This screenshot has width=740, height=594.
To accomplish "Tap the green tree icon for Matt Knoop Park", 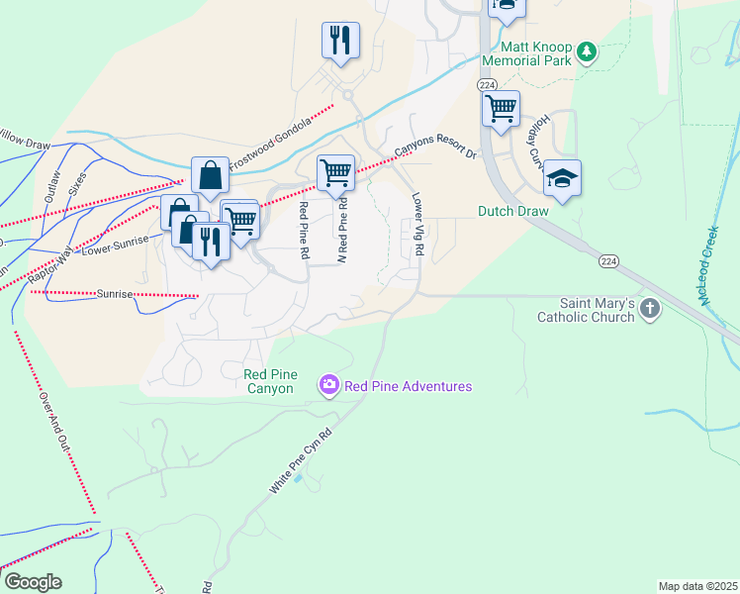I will pyautogui.click(x=587, y=50).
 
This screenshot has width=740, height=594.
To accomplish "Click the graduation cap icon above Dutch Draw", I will pyautogui.click(x=562, y=178).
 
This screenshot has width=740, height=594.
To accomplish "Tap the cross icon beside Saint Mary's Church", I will pyautogui.click(x=649, y=310).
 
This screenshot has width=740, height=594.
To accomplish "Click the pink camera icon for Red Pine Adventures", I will pyautogui.click(x=328, y=386).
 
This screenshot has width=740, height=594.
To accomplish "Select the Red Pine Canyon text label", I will pyautogui.click(x=269, y=381).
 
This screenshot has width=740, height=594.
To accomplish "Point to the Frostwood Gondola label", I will pyautogui.click(x=270, y=144).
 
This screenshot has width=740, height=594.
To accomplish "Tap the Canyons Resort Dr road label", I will pyautogui.click(x=436, y=148).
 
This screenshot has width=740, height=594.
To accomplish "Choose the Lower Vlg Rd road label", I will pyautogui.click(x=417, y=225).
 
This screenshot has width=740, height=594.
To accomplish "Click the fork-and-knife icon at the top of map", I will pyautogui.click(x=339, y=41).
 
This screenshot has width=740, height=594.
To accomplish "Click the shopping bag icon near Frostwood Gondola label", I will pyautogui.click(x=210, y=176).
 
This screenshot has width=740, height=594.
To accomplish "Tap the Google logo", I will pyautogui.click(x=33, y=582).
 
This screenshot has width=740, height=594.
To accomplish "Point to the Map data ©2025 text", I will pyautogui.click(x=696, y=586).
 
